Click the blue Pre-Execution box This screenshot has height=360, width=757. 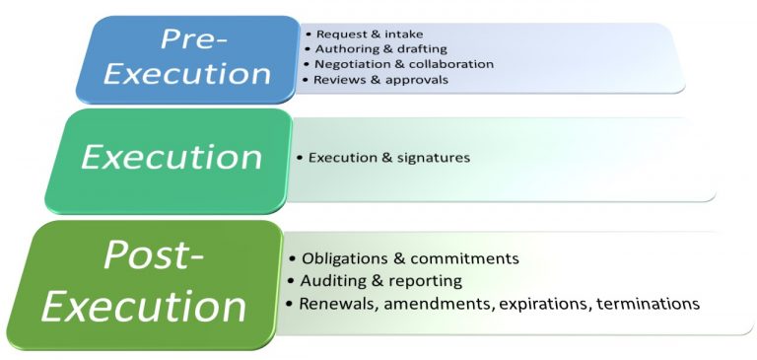187,58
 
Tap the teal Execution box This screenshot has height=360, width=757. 171,158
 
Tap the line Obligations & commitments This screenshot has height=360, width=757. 409,258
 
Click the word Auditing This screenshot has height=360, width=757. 335,281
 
